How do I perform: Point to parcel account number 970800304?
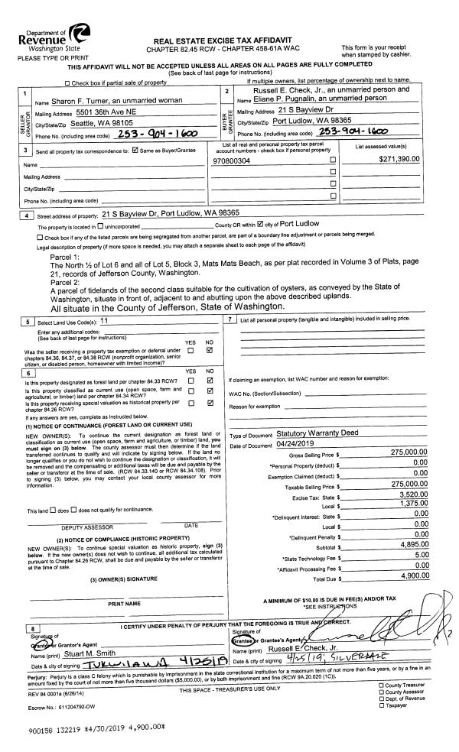[242, 160]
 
